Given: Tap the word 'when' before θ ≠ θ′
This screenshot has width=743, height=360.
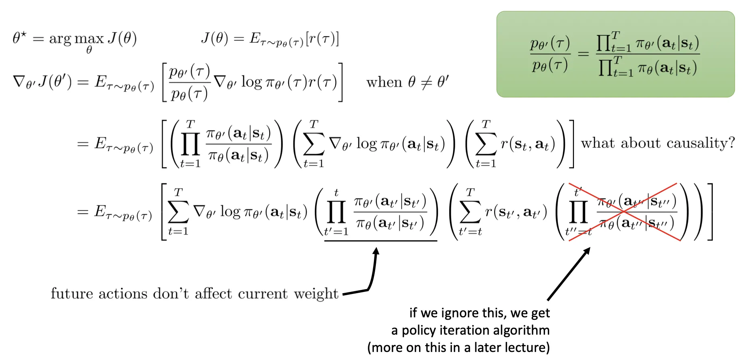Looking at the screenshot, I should coord(384,83).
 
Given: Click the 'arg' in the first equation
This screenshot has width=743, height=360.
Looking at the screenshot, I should coord(60,39).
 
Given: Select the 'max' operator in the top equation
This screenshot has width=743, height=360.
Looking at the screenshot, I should coord(89,39).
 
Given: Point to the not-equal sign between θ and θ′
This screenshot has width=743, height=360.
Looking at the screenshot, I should coord(426,83).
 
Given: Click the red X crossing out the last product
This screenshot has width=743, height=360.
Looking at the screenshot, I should coord(623,212).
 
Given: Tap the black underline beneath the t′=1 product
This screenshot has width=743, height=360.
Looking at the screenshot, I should coord(380,241).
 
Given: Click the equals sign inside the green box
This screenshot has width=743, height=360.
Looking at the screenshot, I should coord(583,54).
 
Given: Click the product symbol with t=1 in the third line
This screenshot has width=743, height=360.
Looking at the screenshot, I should coord(190,144).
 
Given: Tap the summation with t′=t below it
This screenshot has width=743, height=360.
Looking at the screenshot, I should coord(470,212).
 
